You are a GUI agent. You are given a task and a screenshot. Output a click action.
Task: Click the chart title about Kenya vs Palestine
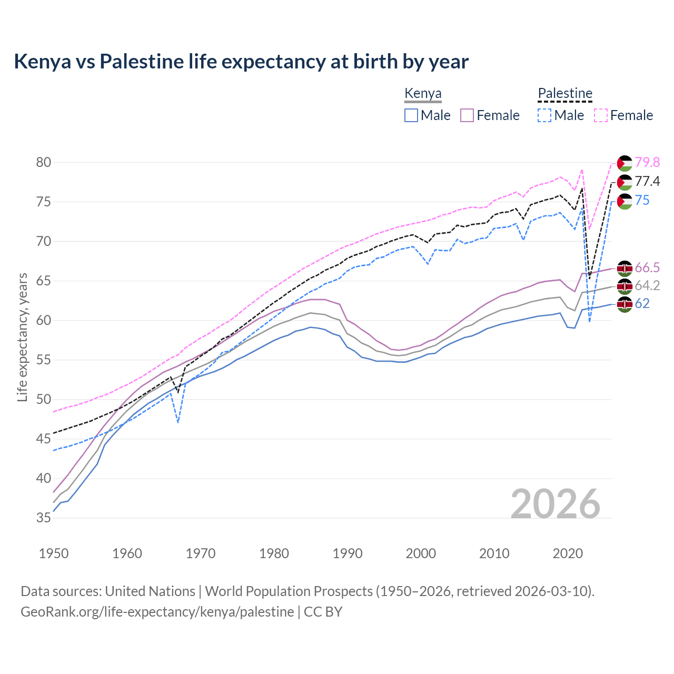[x=241, y=62]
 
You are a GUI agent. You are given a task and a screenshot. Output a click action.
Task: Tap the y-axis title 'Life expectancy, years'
[x=22, y=337]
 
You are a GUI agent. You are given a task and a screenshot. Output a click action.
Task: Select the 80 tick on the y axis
[x=44, y=162]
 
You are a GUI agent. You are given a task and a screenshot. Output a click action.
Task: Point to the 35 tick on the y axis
[x=44, y=518]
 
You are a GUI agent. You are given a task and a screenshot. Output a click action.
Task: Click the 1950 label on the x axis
[x=54, y=553]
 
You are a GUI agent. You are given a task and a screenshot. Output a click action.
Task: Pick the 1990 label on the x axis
[x=348, y=553]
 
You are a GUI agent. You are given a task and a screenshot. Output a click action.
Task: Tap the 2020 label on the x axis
[x=568, y=553]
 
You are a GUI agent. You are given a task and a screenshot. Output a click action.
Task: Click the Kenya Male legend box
[x=411, y=115]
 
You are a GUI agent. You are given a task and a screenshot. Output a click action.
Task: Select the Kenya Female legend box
[x=468, y=115]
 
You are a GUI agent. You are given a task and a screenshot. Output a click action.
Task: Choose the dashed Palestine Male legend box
[x=544, y=115]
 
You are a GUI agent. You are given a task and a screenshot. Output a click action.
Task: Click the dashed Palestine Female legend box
[x=601, y=115]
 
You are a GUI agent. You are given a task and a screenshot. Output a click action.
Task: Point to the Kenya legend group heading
[x=423, y=94]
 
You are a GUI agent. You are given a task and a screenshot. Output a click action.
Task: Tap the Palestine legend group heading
[x=565, y=94]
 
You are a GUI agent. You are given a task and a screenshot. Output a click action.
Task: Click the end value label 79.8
[x=647, y=162]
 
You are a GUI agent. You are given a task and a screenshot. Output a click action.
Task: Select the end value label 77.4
[x=647, y=182]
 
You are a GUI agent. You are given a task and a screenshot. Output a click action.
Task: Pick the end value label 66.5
[x=647, y=268]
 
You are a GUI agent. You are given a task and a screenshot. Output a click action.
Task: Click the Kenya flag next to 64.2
[x=625, y=286]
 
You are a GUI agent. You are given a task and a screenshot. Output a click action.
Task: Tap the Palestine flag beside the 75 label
[x=625, y=201]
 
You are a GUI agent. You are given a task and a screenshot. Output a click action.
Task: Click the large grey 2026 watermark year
[x=556, y=504]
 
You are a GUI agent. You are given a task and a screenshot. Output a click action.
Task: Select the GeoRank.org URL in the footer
[x=157, y=612]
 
